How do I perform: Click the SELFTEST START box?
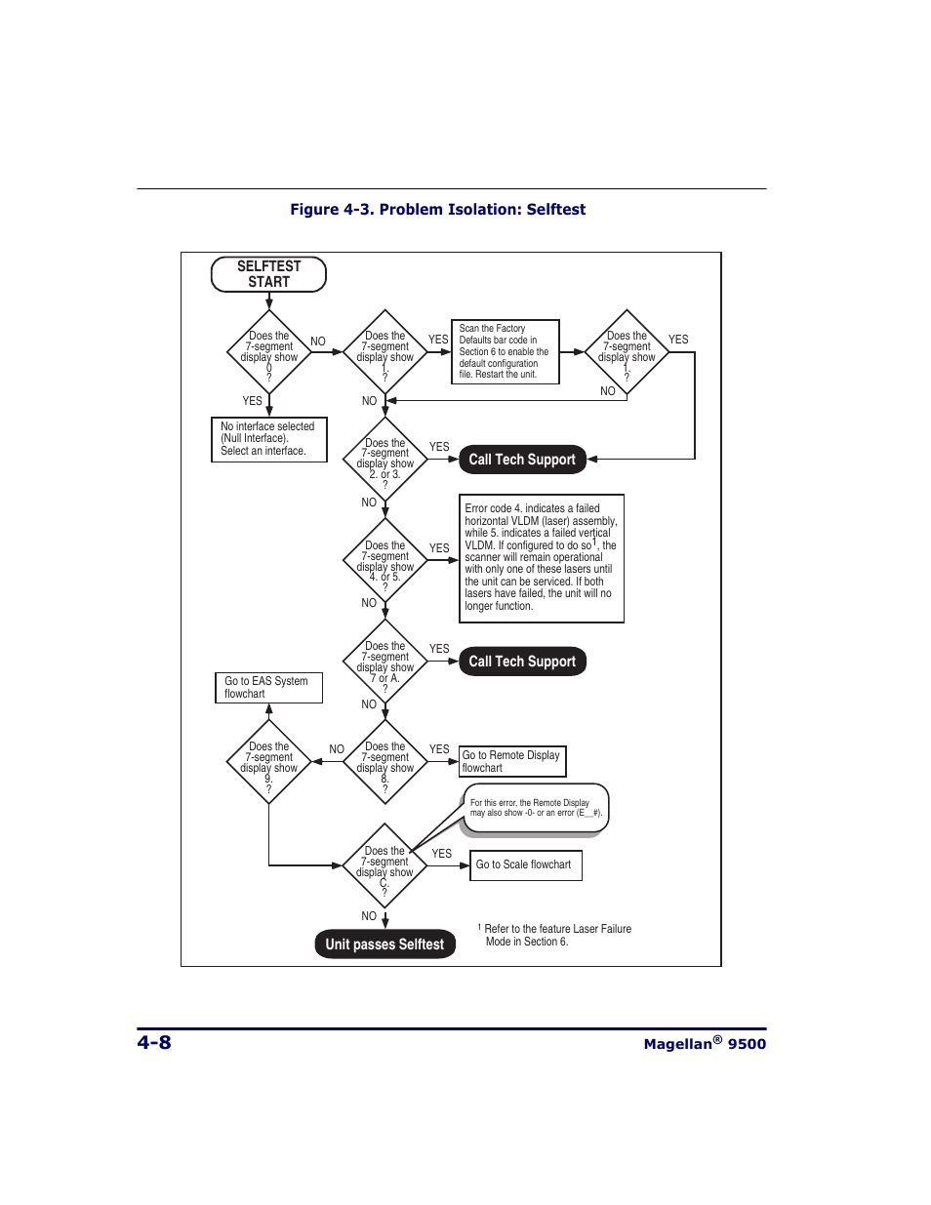[268, 274]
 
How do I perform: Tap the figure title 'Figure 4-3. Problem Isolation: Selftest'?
[437, 210]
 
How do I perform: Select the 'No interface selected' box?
[268, 439]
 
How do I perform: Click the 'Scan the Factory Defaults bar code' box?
[505, 351]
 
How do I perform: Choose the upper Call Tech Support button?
[522, 460]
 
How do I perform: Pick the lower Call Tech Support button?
[522, 662]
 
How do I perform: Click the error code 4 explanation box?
[541, 557]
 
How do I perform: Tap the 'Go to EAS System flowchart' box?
[268, 687]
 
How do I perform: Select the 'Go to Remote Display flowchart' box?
[511, 761]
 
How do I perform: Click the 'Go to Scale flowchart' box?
[525, 864]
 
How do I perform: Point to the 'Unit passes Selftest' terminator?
[385, 944]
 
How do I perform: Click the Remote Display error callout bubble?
[536, 808]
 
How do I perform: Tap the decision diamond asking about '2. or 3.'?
[385, 460]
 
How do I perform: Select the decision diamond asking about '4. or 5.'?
[385, 562]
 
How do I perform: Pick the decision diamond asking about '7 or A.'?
[385, 663]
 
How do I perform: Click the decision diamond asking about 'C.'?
[385, 865]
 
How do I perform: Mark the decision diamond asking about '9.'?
[269, 762]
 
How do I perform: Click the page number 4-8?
[154, 1042]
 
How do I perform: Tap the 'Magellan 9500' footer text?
[705, 1043]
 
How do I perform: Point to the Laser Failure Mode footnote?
[556, 935]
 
